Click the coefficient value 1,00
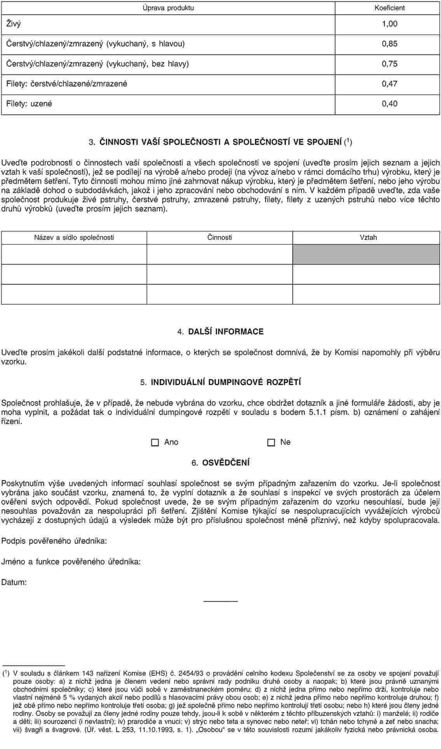(x=389, y=24)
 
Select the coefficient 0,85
(x=389, y=44)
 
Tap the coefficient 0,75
(x=389, y=64)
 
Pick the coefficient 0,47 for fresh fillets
(x=389, y=84)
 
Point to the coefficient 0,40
(x=389, y=104)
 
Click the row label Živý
(x=14, y=24)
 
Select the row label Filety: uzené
(x=29, y=104)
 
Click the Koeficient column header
(x=389, y=8)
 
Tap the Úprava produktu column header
(x=168, y=8)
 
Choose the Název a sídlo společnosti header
(x=74, y=237)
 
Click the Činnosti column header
(x=220, y=237)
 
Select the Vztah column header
(x=368, y=237)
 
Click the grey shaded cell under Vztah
(x=366, y=255)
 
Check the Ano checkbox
(x=155, y=442)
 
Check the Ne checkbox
(x=271, y=442)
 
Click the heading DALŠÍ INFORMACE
(x=226, y=332)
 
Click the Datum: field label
(x=14, y=582)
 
